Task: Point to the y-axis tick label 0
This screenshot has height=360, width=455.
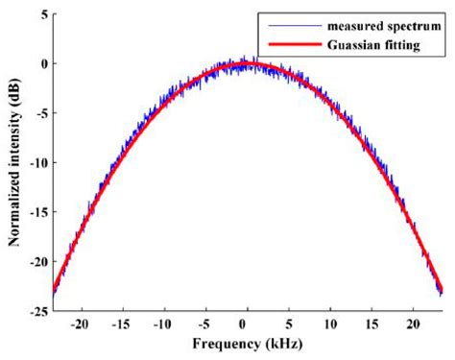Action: click(x=41, y=63)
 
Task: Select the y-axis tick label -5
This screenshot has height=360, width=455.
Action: click(x=38, y=112)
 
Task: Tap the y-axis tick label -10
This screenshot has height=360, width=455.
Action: click(x=36, y=162)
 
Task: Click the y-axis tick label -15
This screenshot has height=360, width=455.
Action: click(x=36, y=211)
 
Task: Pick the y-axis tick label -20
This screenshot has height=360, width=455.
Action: click(x=36, y=260)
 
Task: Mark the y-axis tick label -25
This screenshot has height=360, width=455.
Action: click(x=36, y=310)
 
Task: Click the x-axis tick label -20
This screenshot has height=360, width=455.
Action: click(x=82, y=324)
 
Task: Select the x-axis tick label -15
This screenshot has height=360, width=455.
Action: click(x=123, y=324)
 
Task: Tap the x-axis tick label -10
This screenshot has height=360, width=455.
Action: click(x=164, y=324)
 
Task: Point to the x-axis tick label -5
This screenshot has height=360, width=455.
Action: click(x=205, y=324)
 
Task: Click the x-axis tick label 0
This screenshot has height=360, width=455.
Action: click(x=249, y=324)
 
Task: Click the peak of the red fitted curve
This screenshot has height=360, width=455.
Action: click(x=249, y=64)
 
